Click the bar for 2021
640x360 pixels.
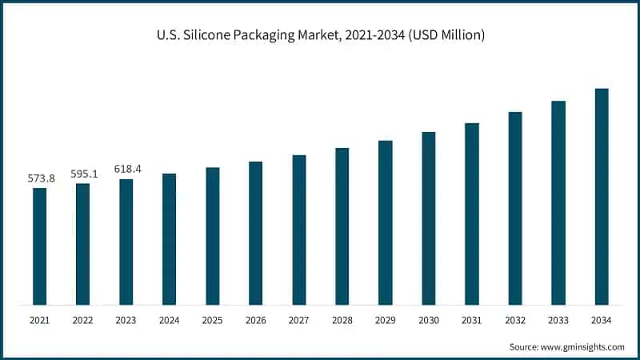pyautogui.click(x=39, y=246)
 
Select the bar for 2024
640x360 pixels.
pyautogui.click(x=169, y=239)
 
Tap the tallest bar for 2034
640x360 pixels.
pyautogui.click(x=602, y=197)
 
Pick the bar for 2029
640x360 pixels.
pyautogui.click(x=386, y=222)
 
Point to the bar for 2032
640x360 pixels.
pyautogui.click(x=515, y=208)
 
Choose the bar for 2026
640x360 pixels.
pyautogui.click(x=255, y=233)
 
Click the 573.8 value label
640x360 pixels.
pyautogui.click(x=40, y=178)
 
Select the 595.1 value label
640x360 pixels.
pyautogui.click(x=83, y=174)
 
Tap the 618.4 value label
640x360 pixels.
pyautogui.click(x=126, y=169)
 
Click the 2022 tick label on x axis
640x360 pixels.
pyautogui.click(x=83, y=321)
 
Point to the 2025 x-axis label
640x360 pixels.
pyautogui.click(x=212, y=321)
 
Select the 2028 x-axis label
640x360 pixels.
pyautogui.click(x=342, y=321)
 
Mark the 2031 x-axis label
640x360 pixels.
pyautogui.click(x=471, y=321)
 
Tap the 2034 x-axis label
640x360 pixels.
pyautogui.click(x=602, y=321)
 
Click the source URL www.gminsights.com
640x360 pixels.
pyautogui.click(x=583, y=346)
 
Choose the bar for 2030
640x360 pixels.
pyautogui.click(x=429, y=218)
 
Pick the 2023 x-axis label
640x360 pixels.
pyautogui.click(x=126, y=321)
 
